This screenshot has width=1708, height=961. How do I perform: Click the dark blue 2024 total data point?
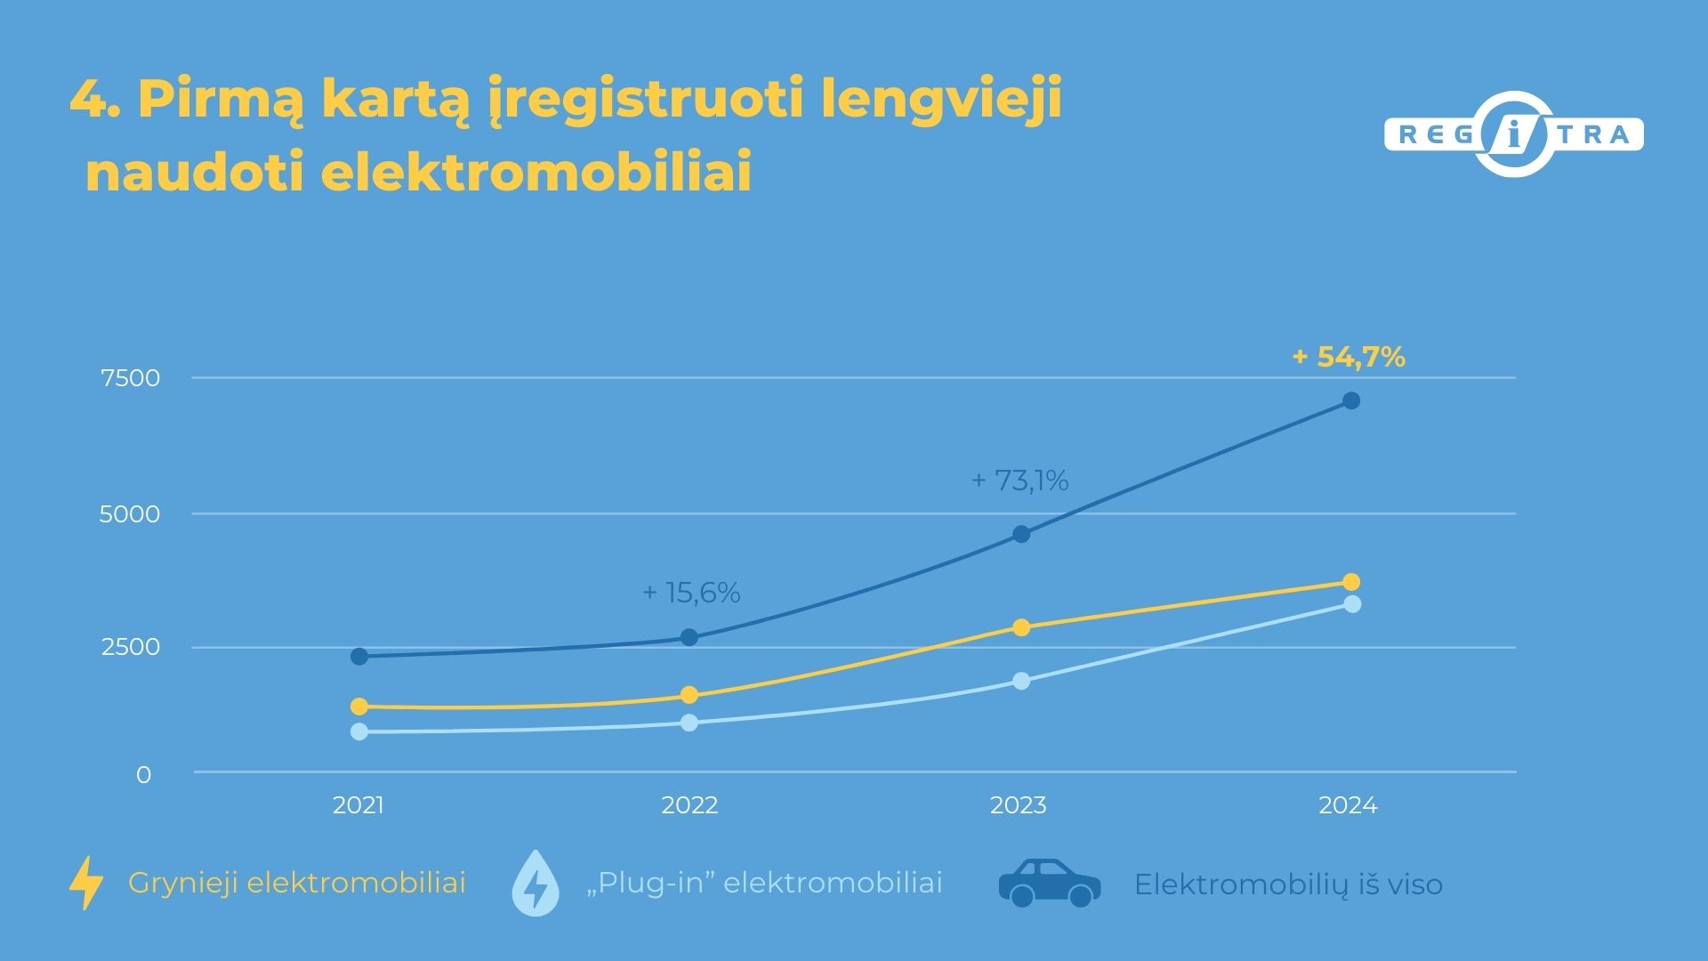(1350, 401)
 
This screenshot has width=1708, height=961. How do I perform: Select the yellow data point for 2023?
(1021, 628)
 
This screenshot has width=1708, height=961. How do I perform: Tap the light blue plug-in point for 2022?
(689, 723)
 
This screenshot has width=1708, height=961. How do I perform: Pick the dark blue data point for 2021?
(359, 657)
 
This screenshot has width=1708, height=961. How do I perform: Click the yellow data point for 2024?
(1350, 582)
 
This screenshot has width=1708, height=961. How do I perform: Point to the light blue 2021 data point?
(359, 731)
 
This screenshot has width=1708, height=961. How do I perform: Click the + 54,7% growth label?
(1349, 358)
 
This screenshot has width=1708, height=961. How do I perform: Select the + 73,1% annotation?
(1019, 480)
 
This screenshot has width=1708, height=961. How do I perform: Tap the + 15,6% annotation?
(691, 593)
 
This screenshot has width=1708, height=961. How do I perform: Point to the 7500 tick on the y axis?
(131, 378)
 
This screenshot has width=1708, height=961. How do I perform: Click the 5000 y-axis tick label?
(130, 514)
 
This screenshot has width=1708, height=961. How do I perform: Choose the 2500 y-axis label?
(131, 647)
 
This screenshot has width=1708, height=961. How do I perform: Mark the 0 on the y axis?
(143, 775)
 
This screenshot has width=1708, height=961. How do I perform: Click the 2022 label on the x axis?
(689, 805)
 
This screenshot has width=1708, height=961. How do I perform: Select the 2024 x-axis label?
(1348, 805)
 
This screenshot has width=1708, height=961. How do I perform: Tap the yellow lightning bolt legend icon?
(86, 883)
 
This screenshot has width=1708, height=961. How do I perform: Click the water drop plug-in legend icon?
(536, 884)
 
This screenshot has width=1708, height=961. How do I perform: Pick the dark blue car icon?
(1050, 883)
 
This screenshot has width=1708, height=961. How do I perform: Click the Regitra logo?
(1514, 135)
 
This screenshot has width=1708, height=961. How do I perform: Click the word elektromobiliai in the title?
(536, 172)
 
